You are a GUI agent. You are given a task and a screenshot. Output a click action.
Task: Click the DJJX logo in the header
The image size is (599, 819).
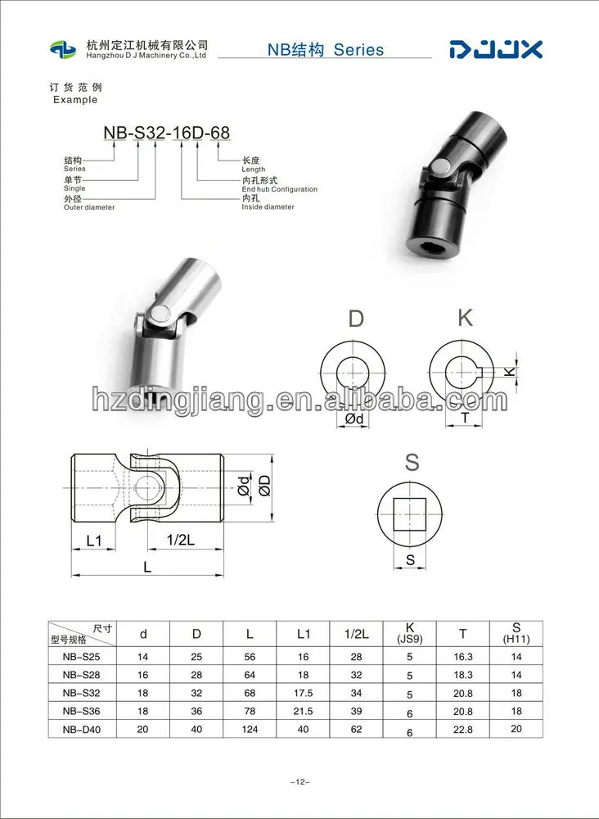496,50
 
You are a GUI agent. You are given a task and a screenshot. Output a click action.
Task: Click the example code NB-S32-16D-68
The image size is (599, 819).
166,133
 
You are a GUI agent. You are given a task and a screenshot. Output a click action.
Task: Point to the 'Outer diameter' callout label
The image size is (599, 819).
89,207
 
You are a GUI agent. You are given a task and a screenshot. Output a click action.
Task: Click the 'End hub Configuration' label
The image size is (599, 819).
279,189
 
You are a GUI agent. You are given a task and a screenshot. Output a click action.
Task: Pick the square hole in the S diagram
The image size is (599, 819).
410,514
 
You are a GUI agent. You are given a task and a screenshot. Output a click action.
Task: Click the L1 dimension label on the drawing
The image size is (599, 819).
94,541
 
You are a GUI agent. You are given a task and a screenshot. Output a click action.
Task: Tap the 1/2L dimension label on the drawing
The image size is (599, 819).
181,541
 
